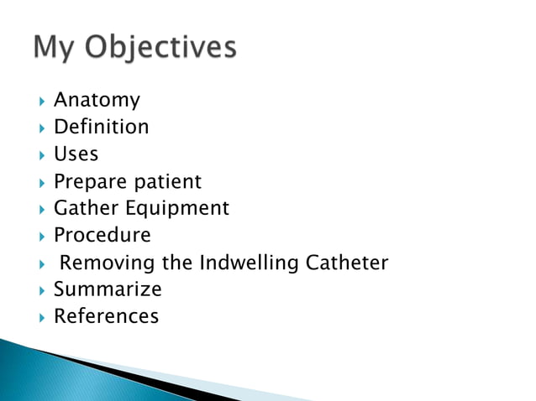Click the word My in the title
pos(55,48)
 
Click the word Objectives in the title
pos(160,48)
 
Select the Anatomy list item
pos(97,101)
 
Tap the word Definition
pos(102,128)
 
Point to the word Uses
pos(76,154)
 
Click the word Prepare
pos(87,182)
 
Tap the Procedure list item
pos(102,236)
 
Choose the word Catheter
pos(347,263)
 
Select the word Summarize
pos(108,290)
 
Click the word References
pos(106,317)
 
